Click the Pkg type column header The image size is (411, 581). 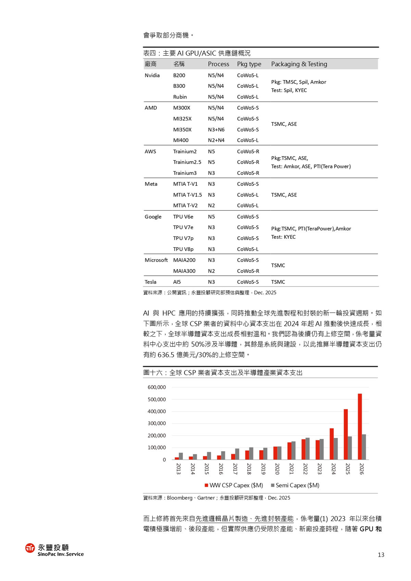click(249, 64)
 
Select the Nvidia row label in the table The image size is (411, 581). click(152, 75)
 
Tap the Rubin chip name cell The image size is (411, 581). click(180, 97)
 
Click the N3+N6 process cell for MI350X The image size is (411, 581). click(216, 130)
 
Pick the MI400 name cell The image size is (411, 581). click(181, 140)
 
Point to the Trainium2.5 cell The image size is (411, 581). click(187, 162)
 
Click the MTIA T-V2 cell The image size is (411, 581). click(185, 205)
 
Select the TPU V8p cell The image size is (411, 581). click(183, 249)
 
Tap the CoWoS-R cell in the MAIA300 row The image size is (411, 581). click(248, 271)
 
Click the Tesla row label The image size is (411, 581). click(150, 282)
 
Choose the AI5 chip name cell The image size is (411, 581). click(177, 282)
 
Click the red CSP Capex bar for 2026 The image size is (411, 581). click(360, 427)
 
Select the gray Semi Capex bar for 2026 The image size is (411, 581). click(364, 447)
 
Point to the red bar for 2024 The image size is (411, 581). click(332, 444)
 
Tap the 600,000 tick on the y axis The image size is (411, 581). click(157, 387)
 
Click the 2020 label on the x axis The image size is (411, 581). click(277, 469)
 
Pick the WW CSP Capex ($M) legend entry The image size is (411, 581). click(234, 485)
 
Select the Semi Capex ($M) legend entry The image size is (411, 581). click(295, 485)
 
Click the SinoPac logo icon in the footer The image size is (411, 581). click(30, 548)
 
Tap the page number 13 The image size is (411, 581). click(381, 555)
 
